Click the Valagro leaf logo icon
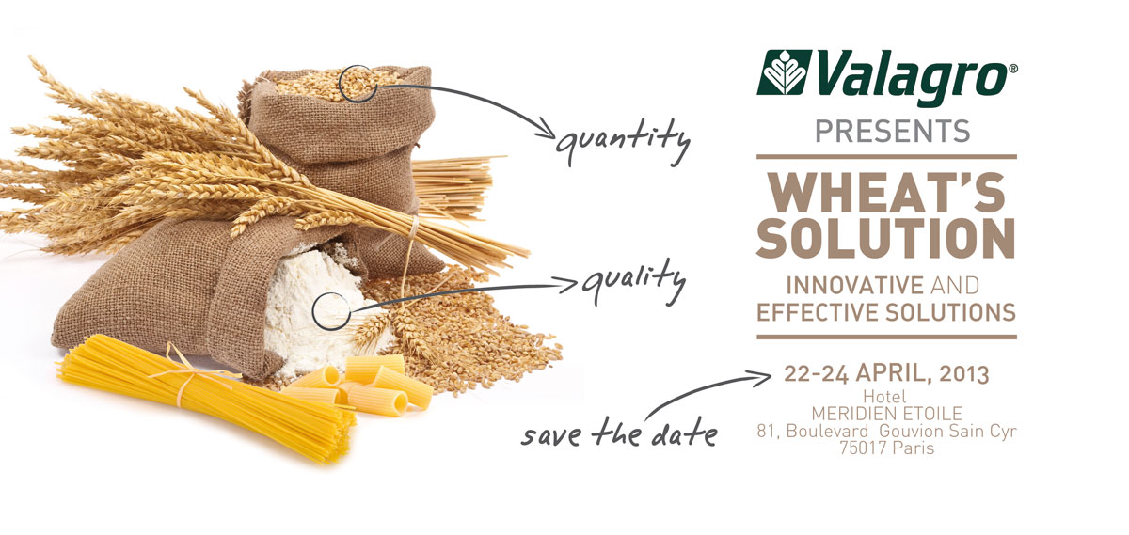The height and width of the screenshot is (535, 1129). point(785,72)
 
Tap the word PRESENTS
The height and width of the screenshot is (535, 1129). point(893,132)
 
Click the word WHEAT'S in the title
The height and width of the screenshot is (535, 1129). point(886,192)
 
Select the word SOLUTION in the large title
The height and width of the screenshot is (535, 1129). point(885,238)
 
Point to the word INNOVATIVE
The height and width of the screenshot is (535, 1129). point(855,286)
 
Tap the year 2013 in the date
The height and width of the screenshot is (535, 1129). point(964,374)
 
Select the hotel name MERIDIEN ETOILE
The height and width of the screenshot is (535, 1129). point(886,414)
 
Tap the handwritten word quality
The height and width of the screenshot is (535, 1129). point(632,282)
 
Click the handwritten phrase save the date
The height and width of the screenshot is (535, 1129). point(619,433)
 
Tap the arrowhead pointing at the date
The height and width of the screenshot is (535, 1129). point(762,378)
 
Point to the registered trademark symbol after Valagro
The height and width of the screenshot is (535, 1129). point(1012,69)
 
